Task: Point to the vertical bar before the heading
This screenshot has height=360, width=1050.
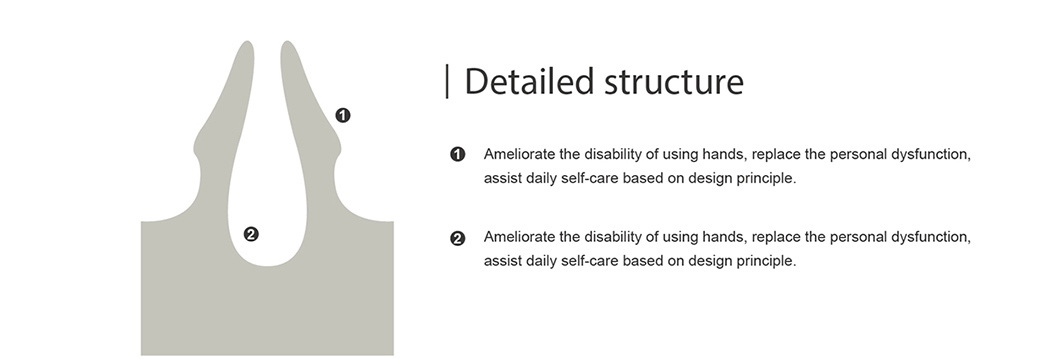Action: [x=447, y=81]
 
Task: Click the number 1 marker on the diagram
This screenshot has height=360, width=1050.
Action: [x=343, y=116]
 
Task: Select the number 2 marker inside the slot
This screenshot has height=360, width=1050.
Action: [x=251, y=234]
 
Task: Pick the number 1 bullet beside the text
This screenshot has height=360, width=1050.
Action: [x=458, y=155]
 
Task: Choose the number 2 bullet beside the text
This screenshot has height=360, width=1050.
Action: [x=458, y=238]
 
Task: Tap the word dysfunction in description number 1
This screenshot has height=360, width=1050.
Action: [x=932, y=155]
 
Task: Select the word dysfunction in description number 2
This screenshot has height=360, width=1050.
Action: [x=932, y=237]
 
